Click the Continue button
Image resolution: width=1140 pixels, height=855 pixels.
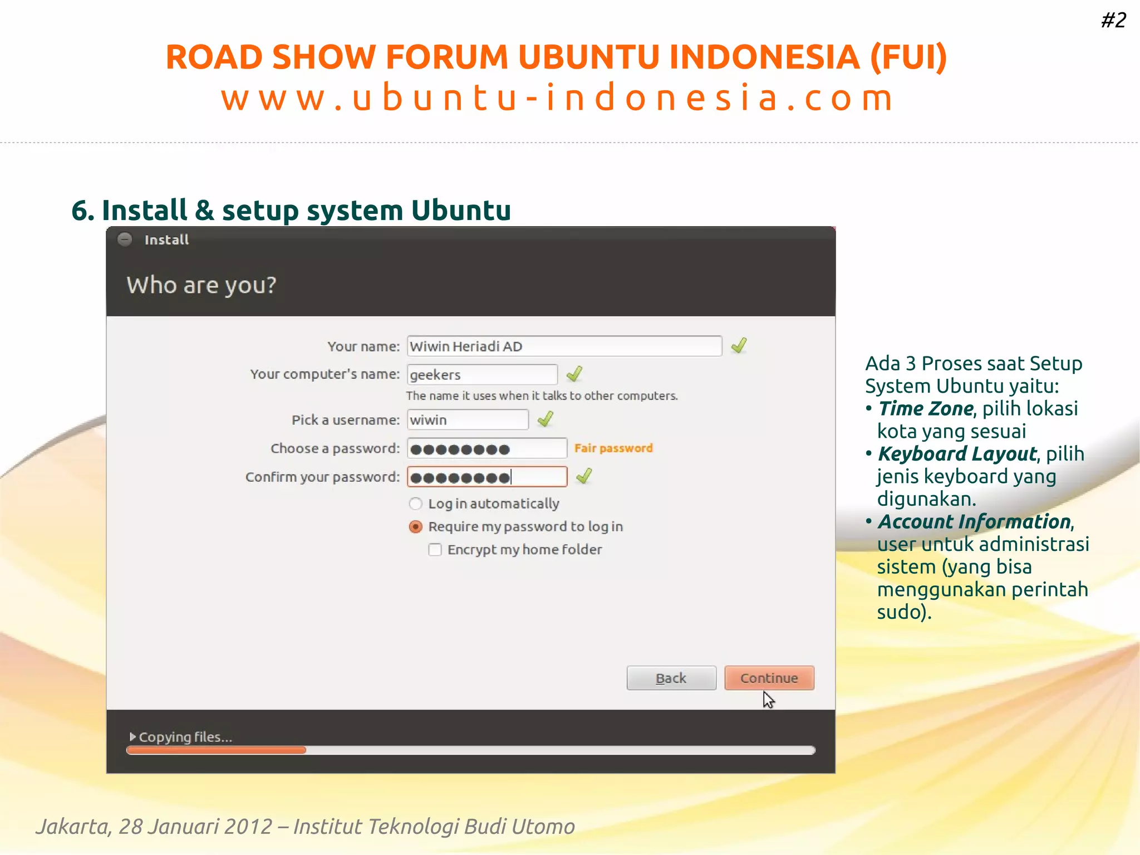(769, 678)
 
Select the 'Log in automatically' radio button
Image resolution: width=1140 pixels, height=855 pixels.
(415, 504)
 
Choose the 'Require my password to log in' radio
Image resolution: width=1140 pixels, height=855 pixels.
(415, 527)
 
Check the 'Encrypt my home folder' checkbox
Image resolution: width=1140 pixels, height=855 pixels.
(435, 550)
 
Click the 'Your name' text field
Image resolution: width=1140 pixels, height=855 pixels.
(564, 346)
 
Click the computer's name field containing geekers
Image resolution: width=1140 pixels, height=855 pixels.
(482, 374)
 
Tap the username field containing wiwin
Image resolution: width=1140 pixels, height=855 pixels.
(468, 420)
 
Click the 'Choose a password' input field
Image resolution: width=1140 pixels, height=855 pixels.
(487, 448)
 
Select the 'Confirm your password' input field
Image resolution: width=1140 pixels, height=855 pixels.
(487, 477)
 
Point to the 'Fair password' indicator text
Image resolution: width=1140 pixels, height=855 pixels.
(613, 448)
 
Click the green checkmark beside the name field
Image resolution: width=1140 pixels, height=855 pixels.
(739, 346)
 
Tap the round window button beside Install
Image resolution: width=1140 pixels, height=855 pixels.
(125, 240)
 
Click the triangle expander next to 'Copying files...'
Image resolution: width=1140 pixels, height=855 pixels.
(132, 736)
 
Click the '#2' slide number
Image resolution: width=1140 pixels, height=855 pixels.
(1113, 21)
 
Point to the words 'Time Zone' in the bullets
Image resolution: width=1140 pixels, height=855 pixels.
(926, 409)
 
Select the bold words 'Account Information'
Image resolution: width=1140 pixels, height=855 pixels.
(975, 522)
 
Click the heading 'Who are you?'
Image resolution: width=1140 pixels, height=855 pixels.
(202, 285)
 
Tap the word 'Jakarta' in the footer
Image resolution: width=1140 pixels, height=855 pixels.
(71, 827)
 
